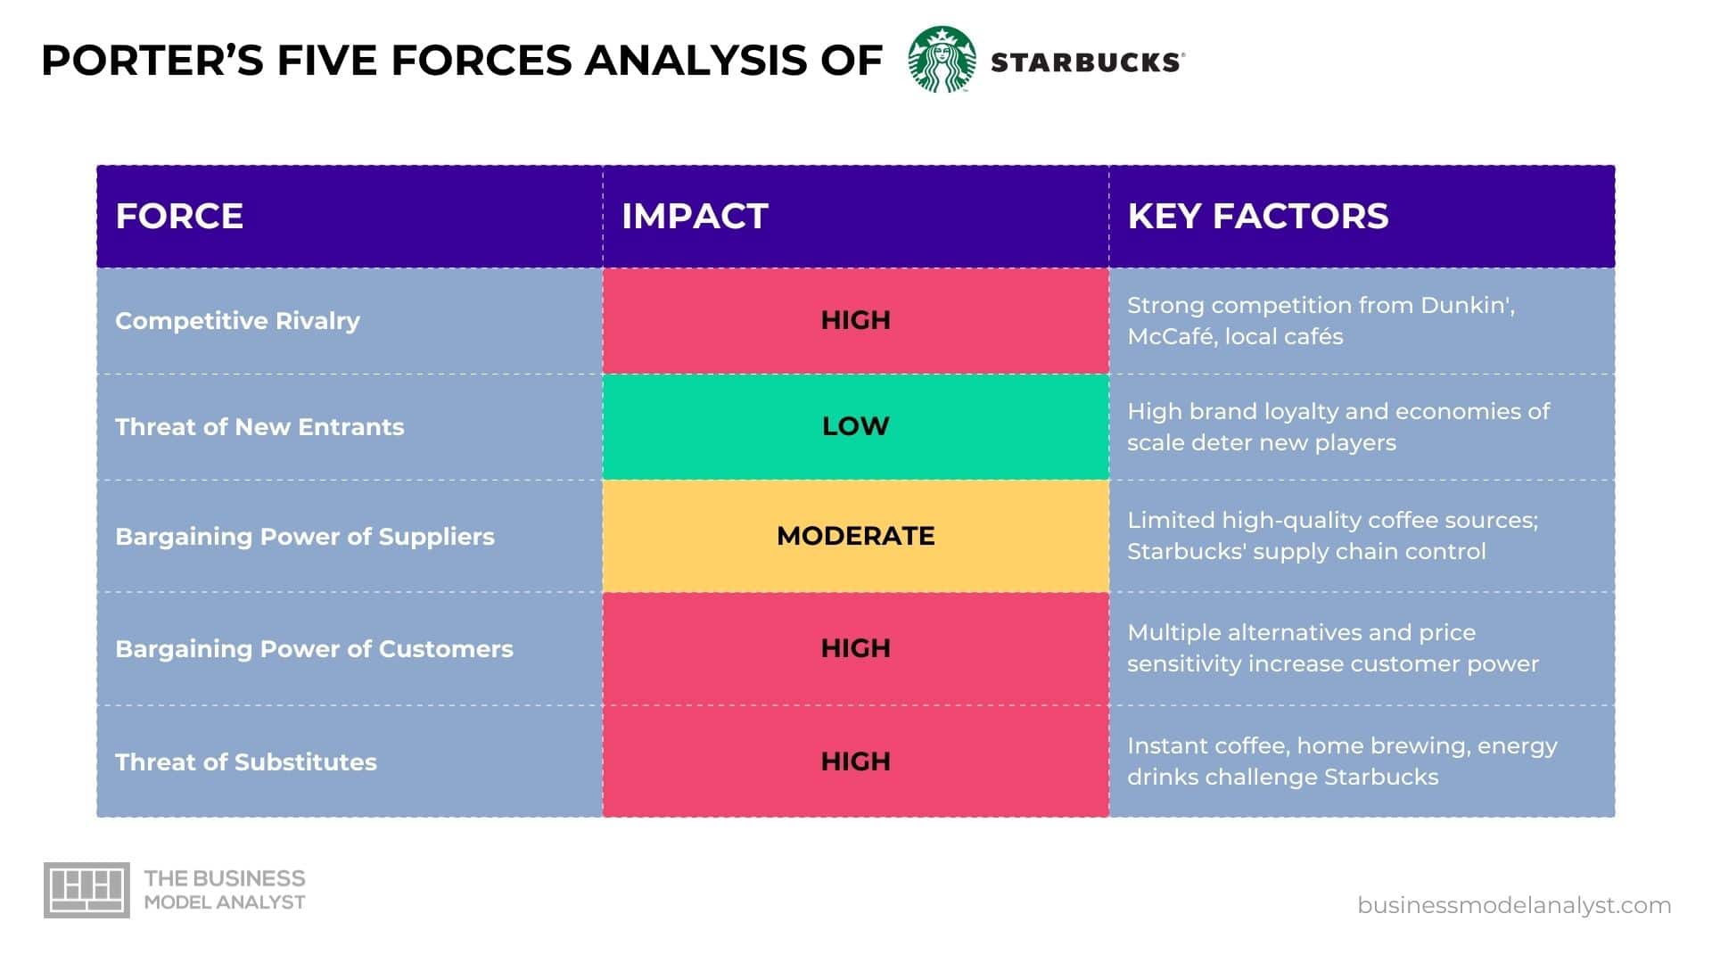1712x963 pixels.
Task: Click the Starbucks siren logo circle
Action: (942, 60)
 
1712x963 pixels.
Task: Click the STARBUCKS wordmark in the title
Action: (1087, 62)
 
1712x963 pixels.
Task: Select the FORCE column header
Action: (179, 216)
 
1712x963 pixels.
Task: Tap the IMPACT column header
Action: (695, 216)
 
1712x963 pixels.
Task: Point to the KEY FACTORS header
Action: (1257, 216)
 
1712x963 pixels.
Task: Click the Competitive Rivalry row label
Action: (237, 320)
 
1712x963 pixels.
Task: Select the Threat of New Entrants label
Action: (259, 426)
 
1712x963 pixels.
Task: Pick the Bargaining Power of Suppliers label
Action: (304, 536)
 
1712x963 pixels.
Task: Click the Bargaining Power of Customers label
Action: (314, 648)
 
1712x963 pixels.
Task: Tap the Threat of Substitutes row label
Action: (246, 761)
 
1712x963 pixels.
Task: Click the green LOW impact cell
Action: (855, 426)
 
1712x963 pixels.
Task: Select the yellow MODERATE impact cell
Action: (855, 536)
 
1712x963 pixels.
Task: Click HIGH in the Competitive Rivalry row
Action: (855, 320)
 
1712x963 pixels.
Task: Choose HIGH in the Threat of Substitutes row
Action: (855, 761)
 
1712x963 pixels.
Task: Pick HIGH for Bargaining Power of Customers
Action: (855, 648)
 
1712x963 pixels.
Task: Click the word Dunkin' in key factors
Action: (1466, 305)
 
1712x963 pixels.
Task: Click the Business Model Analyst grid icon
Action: (86, 890)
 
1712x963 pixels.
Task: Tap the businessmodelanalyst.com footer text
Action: (1514, 905)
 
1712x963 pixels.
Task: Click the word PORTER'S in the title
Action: (152, 61)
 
